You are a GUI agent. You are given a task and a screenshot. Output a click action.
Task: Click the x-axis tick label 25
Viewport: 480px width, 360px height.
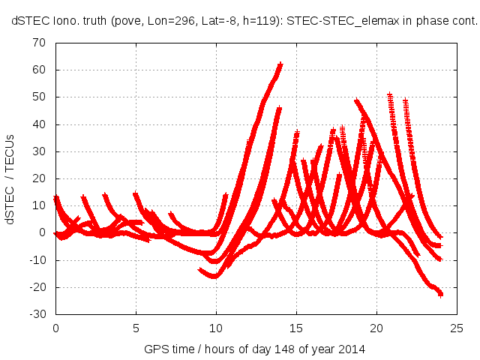click(457, 328)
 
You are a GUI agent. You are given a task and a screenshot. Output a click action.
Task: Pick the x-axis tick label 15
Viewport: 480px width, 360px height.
click(296, 328)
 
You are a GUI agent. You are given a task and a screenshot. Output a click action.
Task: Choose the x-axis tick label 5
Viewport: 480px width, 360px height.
click(136, 328)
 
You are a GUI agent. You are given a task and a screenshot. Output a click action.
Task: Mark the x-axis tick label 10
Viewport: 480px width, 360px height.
click(216, 328)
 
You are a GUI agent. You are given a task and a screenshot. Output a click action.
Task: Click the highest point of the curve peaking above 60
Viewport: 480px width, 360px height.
click(280, 64)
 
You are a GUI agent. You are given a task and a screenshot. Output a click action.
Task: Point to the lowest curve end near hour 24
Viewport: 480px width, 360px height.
click(441, 294)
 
